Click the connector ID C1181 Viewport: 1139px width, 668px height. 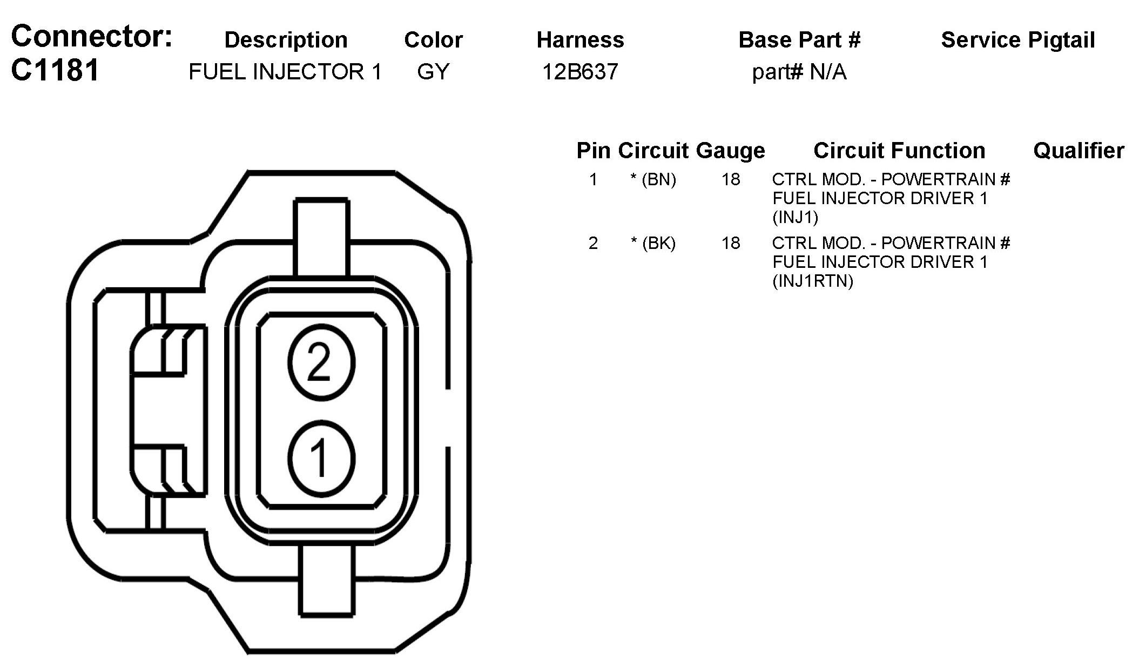point(55,70)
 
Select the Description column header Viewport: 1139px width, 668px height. point(286,40)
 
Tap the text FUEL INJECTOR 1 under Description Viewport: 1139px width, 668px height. point(285,72)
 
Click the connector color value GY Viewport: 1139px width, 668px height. point(433,72)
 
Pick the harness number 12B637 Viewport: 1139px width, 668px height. point(580,72)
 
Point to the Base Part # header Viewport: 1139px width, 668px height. point(799,40)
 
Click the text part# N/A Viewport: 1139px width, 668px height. point(799,72)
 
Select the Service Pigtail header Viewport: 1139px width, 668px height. point(1018,41)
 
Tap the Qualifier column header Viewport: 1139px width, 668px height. point(1079,151)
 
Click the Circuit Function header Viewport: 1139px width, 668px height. point(899,151)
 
